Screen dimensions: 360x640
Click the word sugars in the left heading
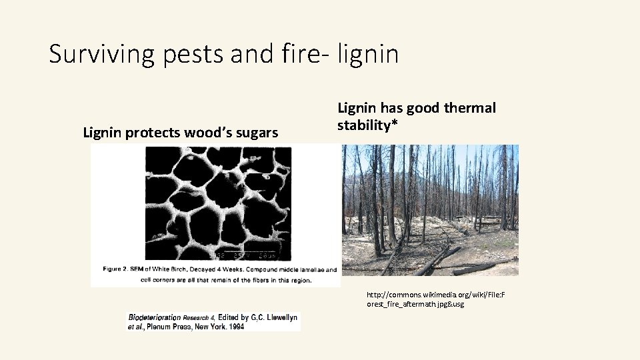(256, 132)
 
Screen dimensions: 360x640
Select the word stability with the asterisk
(365, 125)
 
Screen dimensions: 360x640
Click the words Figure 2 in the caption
(119, 269)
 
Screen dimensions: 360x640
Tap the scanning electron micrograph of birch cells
(218, 203)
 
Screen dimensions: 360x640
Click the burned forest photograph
(430, 210)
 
